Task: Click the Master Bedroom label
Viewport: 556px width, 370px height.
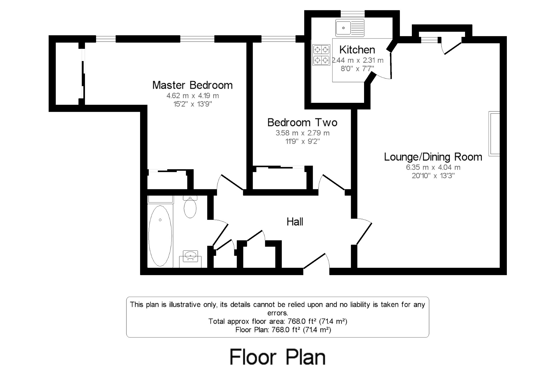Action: pos(192,85)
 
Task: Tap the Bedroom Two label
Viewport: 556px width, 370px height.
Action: pos(302,123)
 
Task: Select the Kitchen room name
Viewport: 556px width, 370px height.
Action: pos(357,50)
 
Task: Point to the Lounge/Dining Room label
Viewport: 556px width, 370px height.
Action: pos(433,157)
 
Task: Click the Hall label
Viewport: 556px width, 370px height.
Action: pos(295,222)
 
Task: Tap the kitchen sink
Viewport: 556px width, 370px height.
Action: pos(350,28)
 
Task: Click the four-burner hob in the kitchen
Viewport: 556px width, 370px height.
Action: pos(321,55)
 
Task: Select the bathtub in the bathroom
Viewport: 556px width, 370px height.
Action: pos(160,235)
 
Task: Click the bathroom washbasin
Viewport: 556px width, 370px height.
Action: pos(190,256)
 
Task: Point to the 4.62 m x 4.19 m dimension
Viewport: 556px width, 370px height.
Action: pos(192,96)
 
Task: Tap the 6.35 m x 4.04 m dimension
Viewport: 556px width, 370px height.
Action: pos(433,167)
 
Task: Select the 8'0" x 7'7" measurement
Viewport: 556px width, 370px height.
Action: pos(357,69)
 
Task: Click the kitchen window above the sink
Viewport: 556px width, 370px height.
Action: pos(353,14)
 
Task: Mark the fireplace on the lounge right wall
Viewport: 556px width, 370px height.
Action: pos(494,133)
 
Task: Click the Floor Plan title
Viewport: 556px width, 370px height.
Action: pos(277,357)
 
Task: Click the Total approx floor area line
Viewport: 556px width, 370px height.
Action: pos(277,321)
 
